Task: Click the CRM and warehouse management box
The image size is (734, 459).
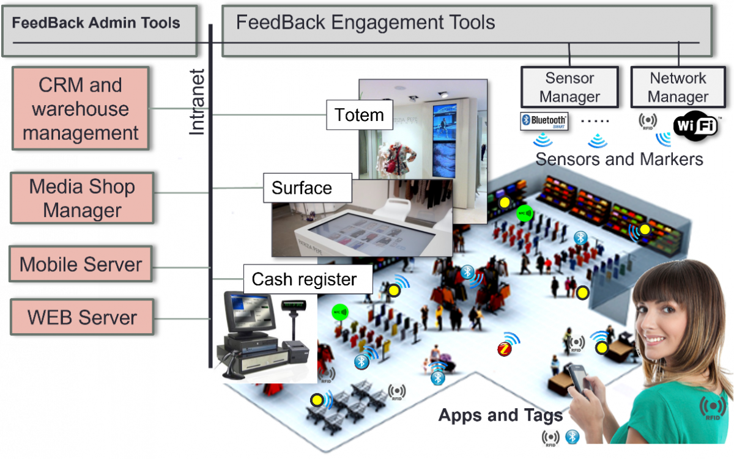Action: click(80, 109)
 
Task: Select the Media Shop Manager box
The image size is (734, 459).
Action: click(82, 198)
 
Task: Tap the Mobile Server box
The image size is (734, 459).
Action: click(81, 265)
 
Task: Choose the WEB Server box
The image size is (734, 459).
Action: click(82, 317)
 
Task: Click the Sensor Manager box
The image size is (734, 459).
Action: click(569, 87)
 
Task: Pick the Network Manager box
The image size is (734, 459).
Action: click(678, 87)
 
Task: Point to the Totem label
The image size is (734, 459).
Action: click(359, 114)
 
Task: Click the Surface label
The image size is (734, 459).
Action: click(302, 188)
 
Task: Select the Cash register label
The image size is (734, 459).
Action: click(304, 279)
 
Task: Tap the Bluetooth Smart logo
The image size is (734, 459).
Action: click(544, 121)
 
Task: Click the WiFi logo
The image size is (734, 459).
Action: click(696, 126)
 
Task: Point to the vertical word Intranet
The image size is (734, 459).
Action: click(197, 102)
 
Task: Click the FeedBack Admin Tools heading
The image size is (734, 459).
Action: click(96, 23)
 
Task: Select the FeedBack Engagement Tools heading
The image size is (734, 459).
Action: click(365, 23)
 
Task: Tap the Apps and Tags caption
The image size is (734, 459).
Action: click(500, 416)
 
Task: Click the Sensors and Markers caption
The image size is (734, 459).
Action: click(619, 160)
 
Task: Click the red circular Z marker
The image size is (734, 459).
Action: click(504, 349)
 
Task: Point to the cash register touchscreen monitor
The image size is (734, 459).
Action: click(249, 312)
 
